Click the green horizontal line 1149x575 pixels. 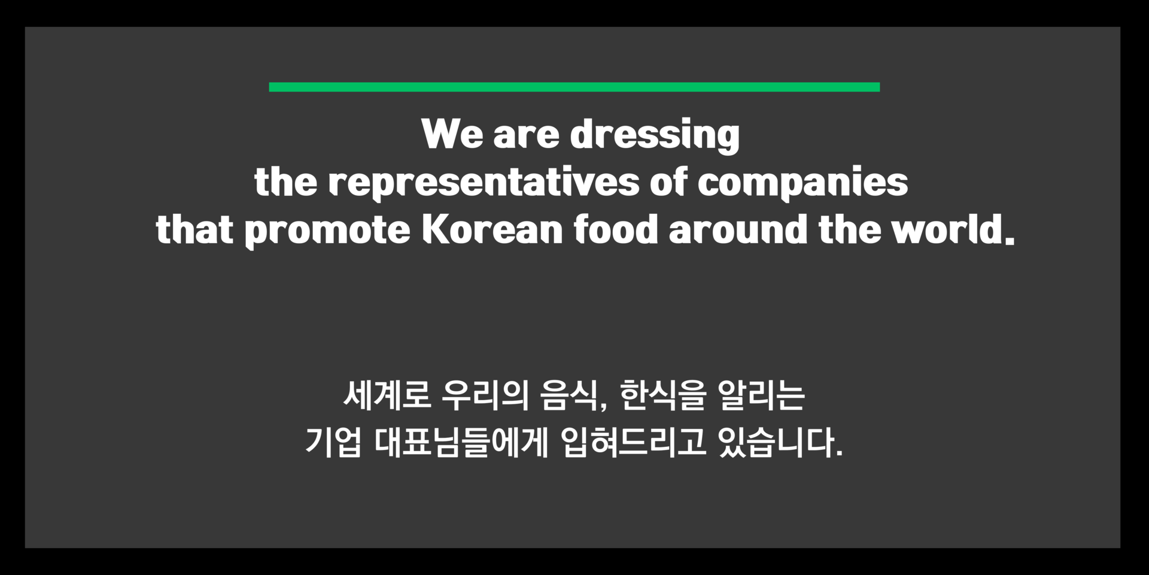[574, 87]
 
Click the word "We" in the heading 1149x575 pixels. [452, 134]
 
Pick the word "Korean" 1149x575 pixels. [492, 229]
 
